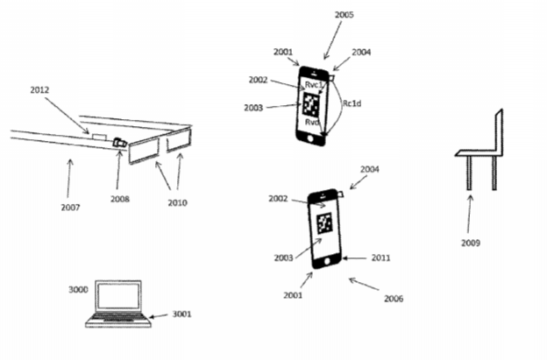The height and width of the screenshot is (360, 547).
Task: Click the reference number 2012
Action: [39, 90]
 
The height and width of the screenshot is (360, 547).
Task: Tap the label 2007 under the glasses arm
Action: [70, 208]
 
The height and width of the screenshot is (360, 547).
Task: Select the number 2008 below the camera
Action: [120, 199]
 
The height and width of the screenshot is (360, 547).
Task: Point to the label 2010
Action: [177, 202]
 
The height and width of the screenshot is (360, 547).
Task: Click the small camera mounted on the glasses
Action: [119, 143]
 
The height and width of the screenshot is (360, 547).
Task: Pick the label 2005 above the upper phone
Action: [344, 15]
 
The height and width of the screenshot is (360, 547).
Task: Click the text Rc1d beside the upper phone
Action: [352, 103]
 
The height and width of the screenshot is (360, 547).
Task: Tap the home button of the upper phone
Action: [310, 138]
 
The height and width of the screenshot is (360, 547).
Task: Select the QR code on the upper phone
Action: [311, 104]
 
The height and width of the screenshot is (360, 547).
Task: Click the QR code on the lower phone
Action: [324, 223]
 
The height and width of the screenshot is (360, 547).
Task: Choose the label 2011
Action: [380, 258]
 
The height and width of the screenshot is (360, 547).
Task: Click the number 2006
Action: [394, 299]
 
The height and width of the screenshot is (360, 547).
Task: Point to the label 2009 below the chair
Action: [471, 243]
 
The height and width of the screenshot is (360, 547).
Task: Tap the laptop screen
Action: [118, 295]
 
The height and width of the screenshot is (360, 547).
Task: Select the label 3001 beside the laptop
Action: [181, 314]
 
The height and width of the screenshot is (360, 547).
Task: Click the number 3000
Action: [78, 290]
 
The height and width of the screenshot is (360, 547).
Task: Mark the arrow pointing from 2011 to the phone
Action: [354, 258]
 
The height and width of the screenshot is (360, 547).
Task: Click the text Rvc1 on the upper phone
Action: [315, 85]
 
